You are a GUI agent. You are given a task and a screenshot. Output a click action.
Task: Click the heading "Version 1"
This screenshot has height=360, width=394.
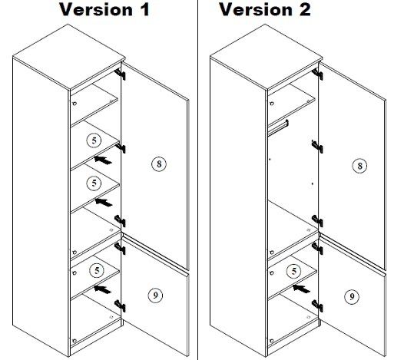click(x=104, y=9)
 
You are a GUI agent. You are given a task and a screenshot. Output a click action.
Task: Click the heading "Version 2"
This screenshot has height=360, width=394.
click(x=265, y=9)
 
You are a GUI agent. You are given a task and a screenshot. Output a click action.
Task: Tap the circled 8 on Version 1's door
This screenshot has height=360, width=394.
click(x=159, y=164)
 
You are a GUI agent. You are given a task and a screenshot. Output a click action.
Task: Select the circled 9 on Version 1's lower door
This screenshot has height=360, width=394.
click(x=155, y=296)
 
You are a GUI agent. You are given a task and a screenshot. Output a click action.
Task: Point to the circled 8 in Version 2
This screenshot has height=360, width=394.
click(x=359, y=166)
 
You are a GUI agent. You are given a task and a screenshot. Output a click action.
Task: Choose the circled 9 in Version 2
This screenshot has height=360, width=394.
click(x=352, y=297)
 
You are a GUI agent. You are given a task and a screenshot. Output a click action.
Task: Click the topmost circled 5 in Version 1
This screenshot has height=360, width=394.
click(x=94, y=140)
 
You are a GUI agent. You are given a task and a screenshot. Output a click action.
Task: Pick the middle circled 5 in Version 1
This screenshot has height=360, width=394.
click(x=94, y=183)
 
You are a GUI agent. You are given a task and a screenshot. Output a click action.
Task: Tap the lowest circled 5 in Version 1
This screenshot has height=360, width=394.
click(x=97, y=270)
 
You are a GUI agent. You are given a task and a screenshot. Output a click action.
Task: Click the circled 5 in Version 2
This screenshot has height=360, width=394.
click(x=294, y=271)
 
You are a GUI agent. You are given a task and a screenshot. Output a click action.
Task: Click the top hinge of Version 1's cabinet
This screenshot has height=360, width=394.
click(x=120, y=74)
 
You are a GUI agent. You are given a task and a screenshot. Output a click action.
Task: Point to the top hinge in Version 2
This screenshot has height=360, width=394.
click(x=317, y=74)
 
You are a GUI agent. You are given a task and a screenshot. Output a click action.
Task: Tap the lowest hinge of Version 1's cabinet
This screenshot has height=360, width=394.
click(x=120, y=306)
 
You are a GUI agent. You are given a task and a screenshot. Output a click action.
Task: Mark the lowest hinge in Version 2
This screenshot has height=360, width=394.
click(x=317, y=306)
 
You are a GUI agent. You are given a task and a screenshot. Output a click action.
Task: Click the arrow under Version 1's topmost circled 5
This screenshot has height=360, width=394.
click(x=103, y=160)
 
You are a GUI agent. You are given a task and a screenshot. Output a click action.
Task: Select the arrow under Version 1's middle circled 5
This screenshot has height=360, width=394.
click(x=104, y=202)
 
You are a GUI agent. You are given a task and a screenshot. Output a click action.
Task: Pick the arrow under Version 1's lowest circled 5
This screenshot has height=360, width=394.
click(x=102, y=289)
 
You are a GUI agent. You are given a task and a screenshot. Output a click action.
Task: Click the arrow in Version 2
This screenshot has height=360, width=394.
click(x=301, y=289)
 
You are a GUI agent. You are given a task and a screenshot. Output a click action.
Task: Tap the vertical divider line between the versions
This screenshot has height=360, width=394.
click(x=197, y=180)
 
